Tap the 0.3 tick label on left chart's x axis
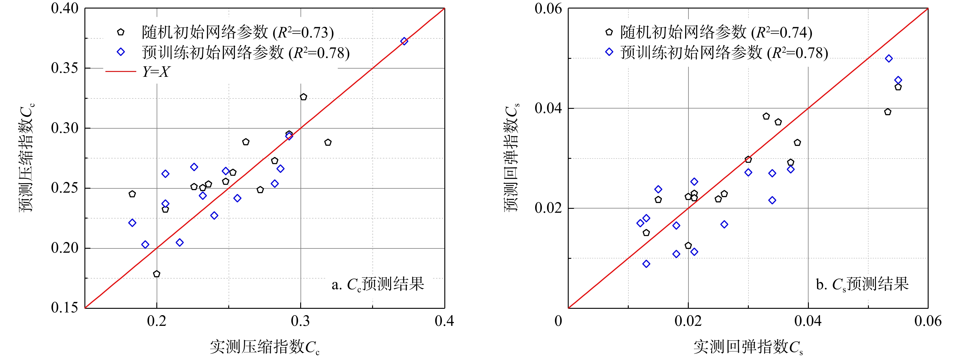tap(300, 321)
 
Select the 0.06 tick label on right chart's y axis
tap(548, 9)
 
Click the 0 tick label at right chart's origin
tap(558, 321)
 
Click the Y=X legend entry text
tap(156, 72)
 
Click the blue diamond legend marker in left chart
tap(121, 52)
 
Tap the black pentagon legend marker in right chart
tap(609, 32)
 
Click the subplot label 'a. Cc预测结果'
tap(378, 284)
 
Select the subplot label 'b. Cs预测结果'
tap(862, 284)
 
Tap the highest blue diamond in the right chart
tap(889, 59)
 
